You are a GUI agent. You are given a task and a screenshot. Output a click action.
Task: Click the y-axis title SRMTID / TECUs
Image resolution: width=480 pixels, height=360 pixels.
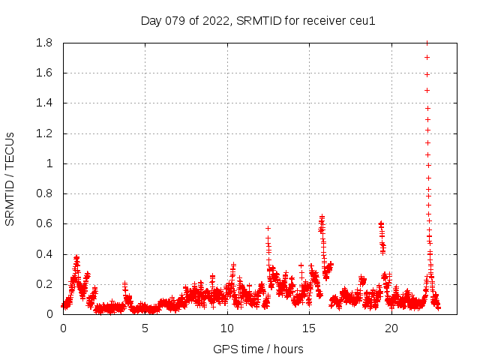tap(10, 178)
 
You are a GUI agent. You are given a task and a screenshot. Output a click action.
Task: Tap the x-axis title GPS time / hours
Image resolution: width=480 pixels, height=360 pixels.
tap(258, 349)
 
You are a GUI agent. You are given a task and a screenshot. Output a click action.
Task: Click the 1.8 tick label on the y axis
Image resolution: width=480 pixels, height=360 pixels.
tap(43, 43)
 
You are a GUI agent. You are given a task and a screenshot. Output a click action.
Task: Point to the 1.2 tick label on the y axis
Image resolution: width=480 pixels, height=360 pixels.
tap(43, 133)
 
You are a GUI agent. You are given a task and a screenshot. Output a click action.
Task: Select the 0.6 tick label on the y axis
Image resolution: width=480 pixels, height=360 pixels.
tap(43, 224)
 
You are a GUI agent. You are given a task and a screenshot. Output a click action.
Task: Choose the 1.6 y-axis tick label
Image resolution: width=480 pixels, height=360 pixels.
tap(43, 73)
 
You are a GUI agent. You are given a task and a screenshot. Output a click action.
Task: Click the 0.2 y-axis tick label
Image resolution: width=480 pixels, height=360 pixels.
tap(43, 284)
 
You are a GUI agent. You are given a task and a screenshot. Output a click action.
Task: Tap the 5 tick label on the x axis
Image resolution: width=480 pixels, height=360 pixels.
tap(145, 328)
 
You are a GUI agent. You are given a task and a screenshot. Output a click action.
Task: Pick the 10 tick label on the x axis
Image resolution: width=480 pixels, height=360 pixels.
tap(227, 328)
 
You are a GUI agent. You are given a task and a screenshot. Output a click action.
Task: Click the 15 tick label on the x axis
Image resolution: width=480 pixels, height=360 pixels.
tap(310, 328)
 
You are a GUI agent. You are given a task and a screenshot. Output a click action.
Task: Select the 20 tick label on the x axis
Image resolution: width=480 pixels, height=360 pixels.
tap(391, 328)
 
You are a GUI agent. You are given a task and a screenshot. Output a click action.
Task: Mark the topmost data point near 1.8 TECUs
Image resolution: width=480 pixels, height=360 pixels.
tap(427, 43)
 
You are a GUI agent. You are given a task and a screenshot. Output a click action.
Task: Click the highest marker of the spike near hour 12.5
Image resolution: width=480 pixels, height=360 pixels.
tap(268, 228)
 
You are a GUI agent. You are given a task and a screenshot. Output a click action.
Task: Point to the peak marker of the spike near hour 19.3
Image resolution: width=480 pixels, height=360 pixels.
tap(380, 223)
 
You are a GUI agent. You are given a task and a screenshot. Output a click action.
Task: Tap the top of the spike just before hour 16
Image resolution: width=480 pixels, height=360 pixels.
tap(322, 217)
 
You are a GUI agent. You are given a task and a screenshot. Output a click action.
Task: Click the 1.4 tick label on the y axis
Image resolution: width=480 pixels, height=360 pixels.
tap(43, 103)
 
